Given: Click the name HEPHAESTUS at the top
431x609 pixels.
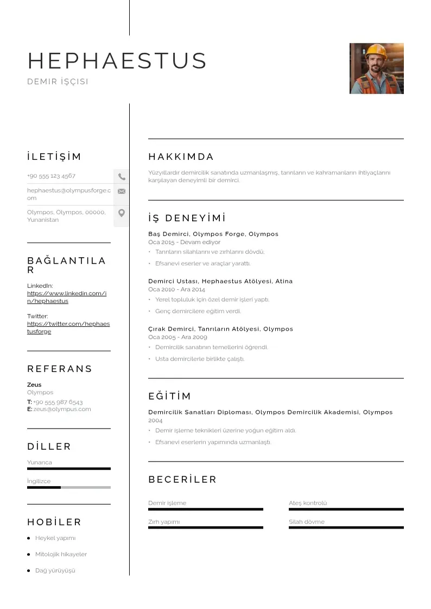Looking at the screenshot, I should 117,61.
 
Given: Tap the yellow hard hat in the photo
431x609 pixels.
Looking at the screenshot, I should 376,51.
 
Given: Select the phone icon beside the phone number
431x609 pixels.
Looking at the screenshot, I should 122,177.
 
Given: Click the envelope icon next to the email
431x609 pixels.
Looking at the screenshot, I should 122,191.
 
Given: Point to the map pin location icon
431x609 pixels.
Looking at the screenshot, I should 122,213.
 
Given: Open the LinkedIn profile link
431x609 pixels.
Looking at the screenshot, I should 67,297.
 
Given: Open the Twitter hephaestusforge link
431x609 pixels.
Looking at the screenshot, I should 68,327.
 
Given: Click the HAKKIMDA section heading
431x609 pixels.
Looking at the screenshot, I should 181,157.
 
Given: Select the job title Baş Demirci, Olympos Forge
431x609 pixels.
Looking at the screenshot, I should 213,234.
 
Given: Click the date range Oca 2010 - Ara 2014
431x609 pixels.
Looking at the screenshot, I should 176,290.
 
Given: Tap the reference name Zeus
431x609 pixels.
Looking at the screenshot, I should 34,384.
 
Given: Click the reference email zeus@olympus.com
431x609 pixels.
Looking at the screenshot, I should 62,409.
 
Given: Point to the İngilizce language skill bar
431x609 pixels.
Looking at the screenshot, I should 69,487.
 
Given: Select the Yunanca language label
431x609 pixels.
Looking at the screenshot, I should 40,462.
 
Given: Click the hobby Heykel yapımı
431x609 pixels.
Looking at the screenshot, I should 55,538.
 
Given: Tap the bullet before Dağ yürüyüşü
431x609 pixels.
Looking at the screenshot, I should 28,570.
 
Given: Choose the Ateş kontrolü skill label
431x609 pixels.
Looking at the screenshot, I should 308,503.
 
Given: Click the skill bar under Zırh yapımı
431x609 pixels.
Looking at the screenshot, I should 206,527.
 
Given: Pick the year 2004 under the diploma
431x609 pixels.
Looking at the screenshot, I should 155,420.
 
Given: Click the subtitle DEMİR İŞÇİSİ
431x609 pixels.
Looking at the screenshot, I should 58,82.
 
